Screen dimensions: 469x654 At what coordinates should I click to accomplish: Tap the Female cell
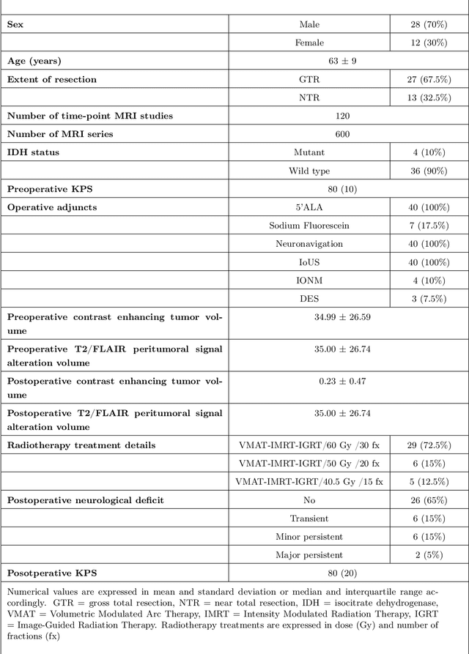tap(310, 42)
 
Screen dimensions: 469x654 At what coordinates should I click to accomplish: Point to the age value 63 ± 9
tap(342, 61)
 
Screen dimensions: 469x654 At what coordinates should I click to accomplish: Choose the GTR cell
tap(310, 79)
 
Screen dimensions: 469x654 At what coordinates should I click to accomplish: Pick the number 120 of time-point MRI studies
tap(342, 116)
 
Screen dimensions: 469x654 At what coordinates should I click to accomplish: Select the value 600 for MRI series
tap(342, 134)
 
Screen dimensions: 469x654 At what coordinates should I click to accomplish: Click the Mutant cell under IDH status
tap(310, 152)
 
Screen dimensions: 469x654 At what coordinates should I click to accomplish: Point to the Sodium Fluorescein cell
tap(310, 226)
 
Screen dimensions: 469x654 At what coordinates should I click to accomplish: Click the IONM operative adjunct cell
tap(310, 280)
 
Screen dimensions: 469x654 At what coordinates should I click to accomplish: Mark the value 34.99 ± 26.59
tap(342, 317)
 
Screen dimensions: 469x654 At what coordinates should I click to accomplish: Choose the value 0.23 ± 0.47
tap(342, 382)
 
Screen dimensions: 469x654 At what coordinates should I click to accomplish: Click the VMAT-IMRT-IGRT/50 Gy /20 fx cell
tap(310, 464)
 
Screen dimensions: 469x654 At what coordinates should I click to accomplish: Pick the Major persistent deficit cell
tap(310, 555)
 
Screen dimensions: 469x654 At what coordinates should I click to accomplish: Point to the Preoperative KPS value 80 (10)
tap(342, 189)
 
